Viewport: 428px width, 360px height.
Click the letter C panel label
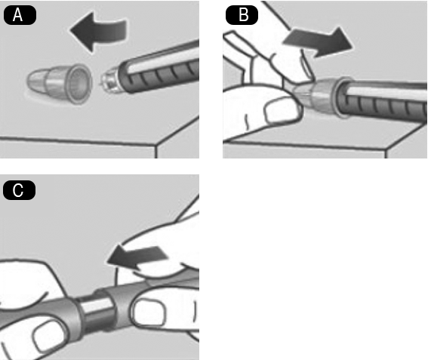click(18, 190)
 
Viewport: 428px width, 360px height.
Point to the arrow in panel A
click(98, 32)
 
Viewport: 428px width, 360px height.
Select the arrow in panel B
click(318, 42)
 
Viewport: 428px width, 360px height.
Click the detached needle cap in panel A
click(59, 83)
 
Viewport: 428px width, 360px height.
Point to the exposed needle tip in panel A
click(102, 84)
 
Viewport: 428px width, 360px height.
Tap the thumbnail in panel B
click(282, 109)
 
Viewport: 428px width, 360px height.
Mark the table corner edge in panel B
click(386, 149)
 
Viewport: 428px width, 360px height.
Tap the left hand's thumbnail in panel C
click(48, 337)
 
